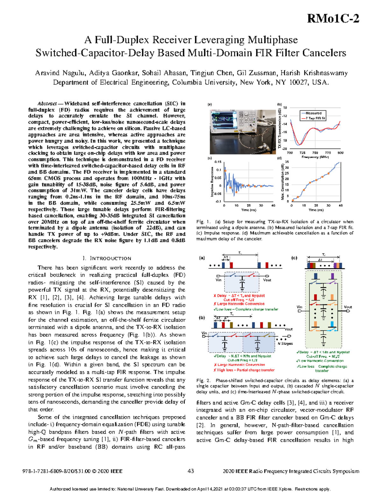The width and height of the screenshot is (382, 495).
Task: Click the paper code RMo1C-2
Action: click(333, 19)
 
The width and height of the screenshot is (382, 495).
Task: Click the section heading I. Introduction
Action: click(107, 258)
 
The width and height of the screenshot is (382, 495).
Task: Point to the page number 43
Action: click(191, 471)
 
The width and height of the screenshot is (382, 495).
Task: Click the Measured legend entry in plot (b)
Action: click(313, 113)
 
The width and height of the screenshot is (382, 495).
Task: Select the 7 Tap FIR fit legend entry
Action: click(315, 118)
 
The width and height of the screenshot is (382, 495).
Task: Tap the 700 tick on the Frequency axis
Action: click(290, 153)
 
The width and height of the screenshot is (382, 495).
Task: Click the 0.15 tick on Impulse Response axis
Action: click(218, 162)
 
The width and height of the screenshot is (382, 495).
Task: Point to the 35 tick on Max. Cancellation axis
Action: click(287, 162)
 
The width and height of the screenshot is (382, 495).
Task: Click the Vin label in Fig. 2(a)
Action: click(218, 280)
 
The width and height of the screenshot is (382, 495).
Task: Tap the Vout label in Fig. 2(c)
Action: click(348, 307)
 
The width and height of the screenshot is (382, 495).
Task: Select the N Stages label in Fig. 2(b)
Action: click(285, 344)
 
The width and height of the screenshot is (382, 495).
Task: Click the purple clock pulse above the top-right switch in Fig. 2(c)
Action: click(332, 276)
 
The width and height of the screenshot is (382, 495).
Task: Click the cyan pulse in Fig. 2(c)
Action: click(332, 324)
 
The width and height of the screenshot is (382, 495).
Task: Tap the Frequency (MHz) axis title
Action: click(315, 157)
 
